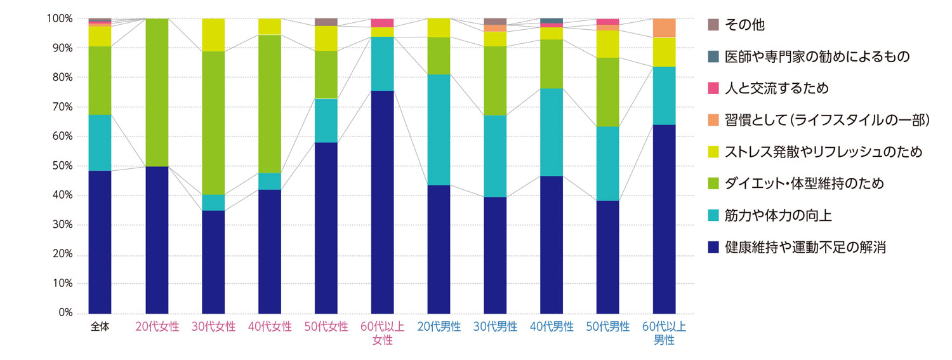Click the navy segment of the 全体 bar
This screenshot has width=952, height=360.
[100, 242]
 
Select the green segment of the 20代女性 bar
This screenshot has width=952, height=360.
[157, 93]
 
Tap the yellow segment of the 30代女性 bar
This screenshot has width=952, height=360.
[213, 35]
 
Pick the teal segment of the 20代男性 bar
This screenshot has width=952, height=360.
[439, 130]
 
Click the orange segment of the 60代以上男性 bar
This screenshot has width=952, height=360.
[664, 28]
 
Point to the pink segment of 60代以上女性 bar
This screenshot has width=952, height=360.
[382, 23]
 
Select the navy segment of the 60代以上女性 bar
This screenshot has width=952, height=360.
[382, 202]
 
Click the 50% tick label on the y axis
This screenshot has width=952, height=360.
[62, 166]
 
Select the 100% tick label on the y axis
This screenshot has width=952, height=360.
[59, 19]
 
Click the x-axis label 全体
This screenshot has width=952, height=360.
[100, 328]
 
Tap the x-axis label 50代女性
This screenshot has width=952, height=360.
[326, 328]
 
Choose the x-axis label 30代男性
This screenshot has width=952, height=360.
[495, 328]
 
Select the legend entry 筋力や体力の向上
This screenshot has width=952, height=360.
[777, 216]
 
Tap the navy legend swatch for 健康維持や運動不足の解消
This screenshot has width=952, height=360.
[713, 248]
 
